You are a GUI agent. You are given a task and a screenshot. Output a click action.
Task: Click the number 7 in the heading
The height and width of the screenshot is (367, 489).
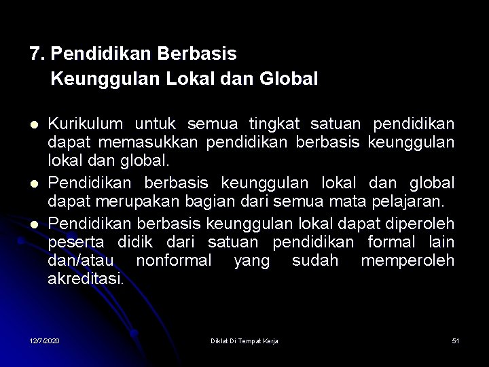point(34,52)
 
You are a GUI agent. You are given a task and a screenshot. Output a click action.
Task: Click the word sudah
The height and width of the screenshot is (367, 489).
point(314,260)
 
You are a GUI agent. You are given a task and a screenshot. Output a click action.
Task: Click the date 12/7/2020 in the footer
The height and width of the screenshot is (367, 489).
point(44,340)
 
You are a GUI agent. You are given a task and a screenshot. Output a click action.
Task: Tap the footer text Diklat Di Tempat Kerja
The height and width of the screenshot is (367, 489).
point(244,340)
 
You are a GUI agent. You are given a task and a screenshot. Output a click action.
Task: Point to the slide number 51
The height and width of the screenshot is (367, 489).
point(455,340)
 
